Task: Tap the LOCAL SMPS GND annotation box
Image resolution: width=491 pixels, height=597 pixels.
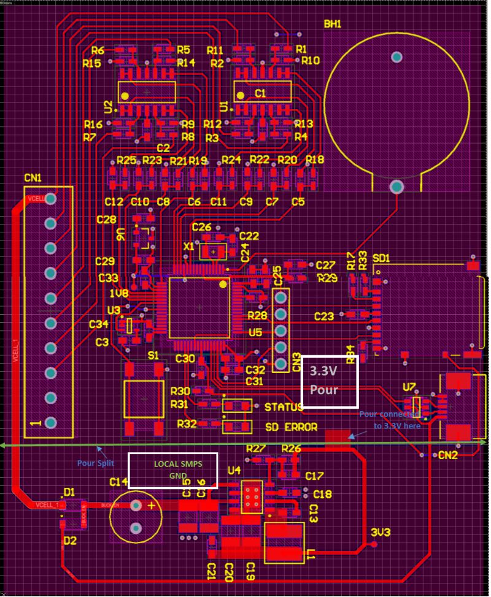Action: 172,470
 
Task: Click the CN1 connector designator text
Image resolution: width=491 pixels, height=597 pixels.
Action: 33,178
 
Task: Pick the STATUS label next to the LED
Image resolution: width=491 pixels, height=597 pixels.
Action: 284,407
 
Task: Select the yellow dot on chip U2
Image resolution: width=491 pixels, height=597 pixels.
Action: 125,96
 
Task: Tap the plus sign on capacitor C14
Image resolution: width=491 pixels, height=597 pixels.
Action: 152,505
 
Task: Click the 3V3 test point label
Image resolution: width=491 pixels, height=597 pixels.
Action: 381,533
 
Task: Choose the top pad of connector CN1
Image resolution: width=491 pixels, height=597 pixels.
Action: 50,199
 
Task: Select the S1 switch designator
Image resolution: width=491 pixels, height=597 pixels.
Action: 153,355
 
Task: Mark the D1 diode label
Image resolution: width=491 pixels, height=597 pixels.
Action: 69,492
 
